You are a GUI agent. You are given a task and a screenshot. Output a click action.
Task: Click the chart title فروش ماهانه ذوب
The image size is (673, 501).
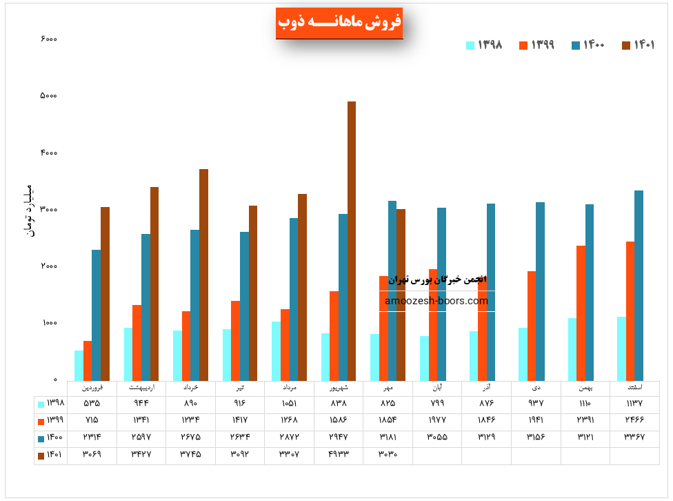pyautogui.click(x=339, y=22)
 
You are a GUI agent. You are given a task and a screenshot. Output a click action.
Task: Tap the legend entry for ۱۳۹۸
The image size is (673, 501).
pyautogui.click(x=485, y=45)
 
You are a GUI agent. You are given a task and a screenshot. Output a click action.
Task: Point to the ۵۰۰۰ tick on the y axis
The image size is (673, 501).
pyautogui.click(x=48, y=95)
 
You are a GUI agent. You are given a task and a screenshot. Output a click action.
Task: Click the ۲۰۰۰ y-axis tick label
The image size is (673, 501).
pyautogui.click(x=48, y=266)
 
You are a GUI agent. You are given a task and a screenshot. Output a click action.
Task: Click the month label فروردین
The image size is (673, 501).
pyautogui.click(x=92, y=388)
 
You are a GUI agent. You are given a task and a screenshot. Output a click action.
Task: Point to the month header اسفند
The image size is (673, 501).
pyautogui.click(x=634, y=388)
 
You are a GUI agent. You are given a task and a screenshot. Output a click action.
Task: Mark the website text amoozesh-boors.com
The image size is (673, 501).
pyautogui.click(x=436, y=301)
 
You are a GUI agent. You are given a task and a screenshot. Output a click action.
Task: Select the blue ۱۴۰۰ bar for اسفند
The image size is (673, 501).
pyautogui.click(x=639, y=285)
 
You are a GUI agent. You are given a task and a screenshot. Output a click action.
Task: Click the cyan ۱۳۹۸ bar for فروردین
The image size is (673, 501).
pyautogui.click(x=79, y=365)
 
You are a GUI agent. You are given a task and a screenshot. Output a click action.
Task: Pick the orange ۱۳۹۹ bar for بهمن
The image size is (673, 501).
pyautogui.click(x=581, y=313)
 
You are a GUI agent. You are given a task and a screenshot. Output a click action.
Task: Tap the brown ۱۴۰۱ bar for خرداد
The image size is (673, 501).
pyautogui.click(x=203, y=274)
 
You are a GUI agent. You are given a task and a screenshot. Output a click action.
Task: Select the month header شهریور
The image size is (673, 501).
pyautogui.click(x=339, y=388)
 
